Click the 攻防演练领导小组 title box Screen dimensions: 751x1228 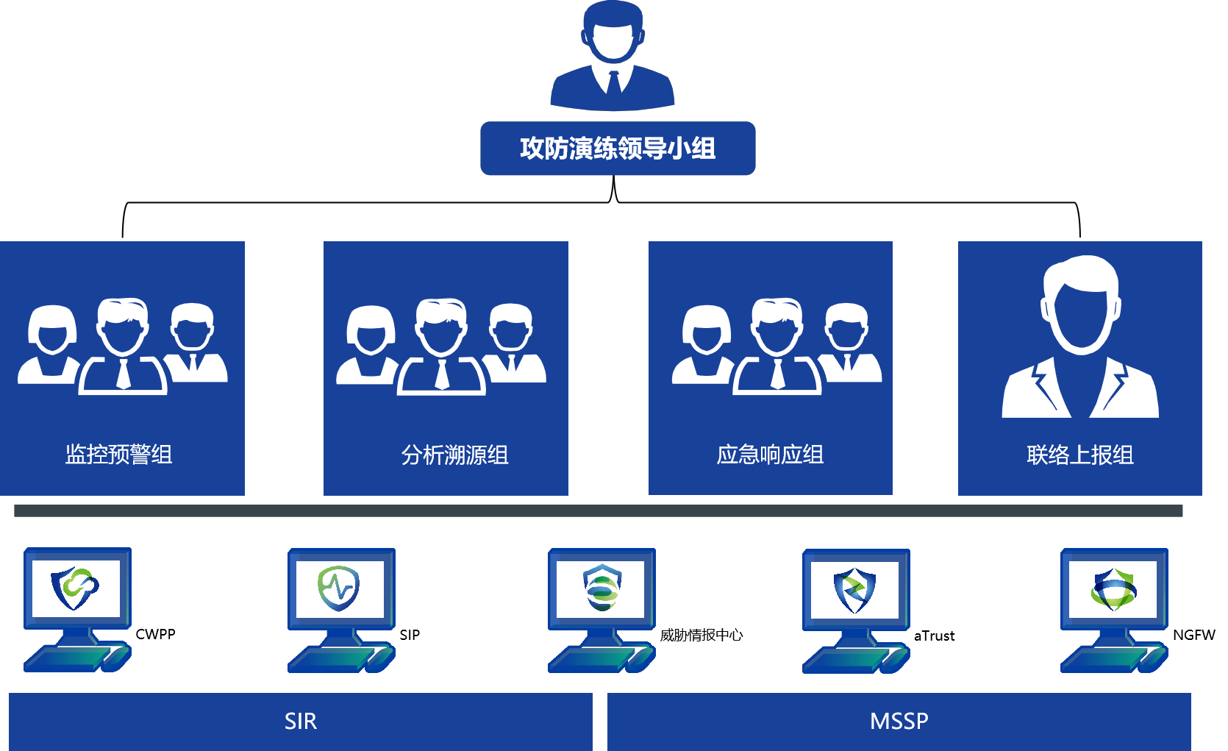coord(618,148)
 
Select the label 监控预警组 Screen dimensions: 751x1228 coord(119,455)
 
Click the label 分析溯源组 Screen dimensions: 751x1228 coord(455,455)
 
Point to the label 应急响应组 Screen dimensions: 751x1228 coord(770,455)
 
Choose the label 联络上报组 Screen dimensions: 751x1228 coord(1080,455)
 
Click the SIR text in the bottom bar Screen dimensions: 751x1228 coord(301,722)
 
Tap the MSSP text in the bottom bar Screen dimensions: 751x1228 coord(899,722)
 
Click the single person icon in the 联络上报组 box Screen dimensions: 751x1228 coord(1080,338)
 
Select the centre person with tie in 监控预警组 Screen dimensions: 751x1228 coord(123,346)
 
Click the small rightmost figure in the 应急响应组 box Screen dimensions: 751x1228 coord(849,342)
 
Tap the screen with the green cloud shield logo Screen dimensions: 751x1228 coord(76,588)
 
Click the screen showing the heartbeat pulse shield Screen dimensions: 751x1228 coord(340,588)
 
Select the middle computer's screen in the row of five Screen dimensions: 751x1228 coord(600,588)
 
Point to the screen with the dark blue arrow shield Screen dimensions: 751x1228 coord(854,589)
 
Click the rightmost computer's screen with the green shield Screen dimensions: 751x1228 coord(1113,588)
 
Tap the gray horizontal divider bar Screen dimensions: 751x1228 coord(598,510)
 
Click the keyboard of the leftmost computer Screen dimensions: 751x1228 coord(66,658)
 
